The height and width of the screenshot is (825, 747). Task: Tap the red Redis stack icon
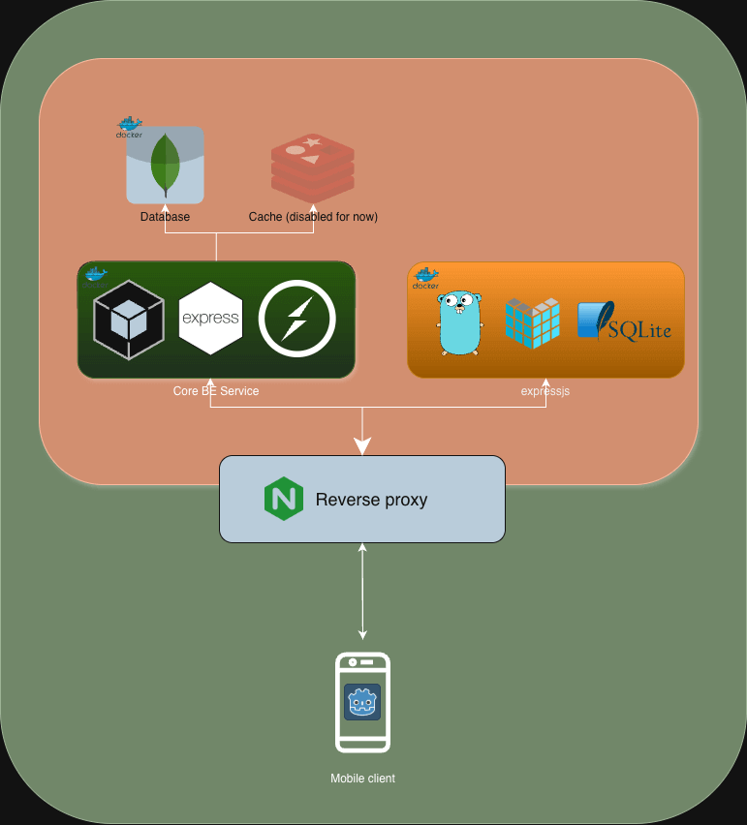[312, 168]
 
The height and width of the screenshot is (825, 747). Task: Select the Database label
[165, 217]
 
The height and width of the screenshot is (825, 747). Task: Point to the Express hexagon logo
[210, 319]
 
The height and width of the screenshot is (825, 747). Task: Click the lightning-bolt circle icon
[296, 320]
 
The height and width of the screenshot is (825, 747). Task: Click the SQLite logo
[624, 321]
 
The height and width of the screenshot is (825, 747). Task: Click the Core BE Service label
[216, 391]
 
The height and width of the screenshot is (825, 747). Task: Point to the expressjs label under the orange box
[545, 391]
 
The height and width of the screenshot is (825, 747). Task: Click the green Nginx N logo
[284, 500]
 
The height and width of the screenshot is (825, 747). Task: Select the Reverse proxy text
[371, 501]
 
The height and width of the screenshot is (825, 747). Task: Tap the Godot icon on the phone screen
[362, 701]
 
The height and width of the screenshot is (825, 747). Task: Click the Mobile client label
[362, 779]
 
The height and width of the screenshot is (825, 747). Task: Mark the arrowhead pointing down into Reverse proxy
[362, 447]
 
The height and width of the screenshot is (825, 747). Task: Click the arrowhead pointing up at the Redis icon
[313, 205]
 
